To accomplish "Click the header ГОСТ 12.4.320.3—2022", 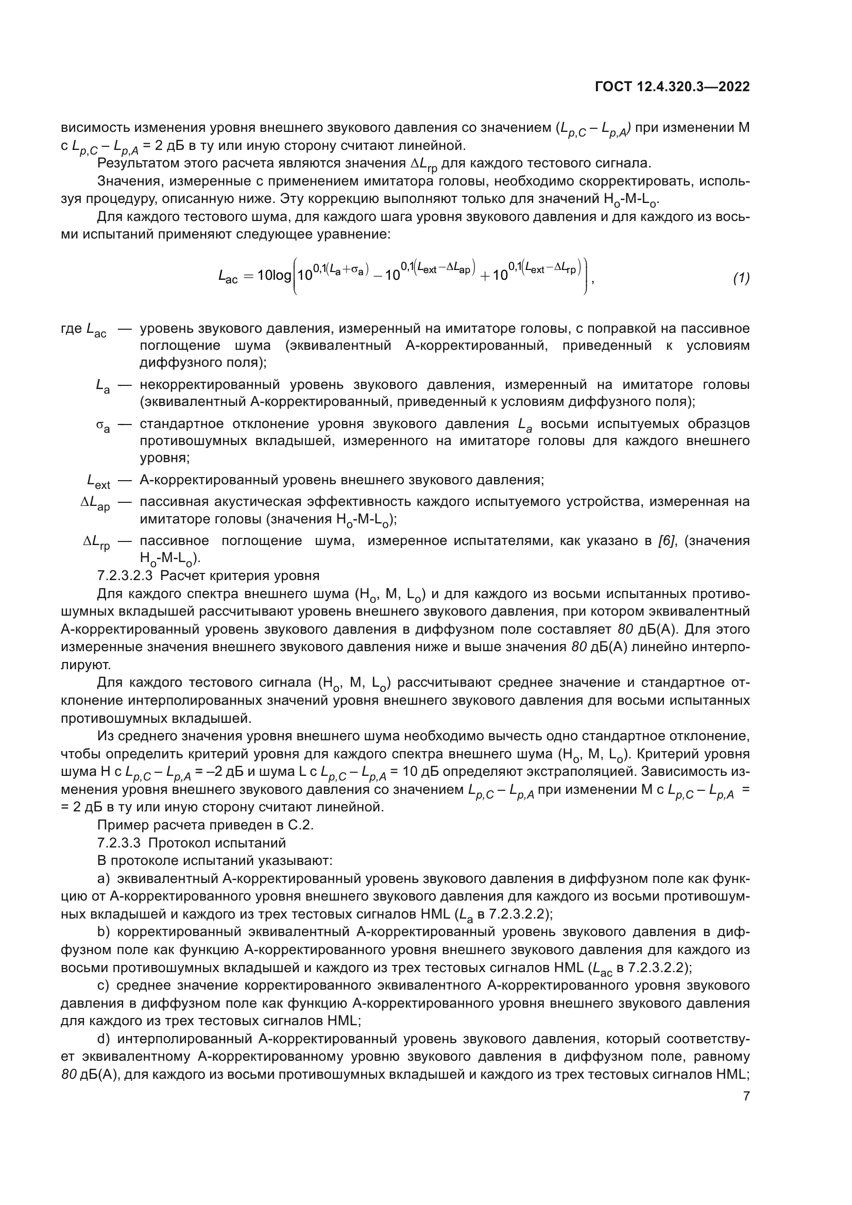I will coord(672,87).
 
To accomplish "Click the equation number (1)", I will coord(741,278).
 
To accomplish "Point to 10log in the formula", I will coord(275,276).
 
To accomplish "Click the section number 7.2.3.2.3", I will coord(125,576).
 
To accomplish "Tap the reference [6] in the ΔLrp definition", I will coord(666,540).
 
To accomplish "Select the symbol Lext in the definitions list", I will coord(98,481).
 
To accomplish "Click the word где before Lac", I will coord(72,329).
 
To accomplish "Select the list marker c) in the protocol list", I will coord(104,985).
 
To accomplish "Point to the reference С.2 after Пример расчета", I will coord(301,825).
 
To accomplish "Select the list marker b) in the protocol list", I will coord(104,931).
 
